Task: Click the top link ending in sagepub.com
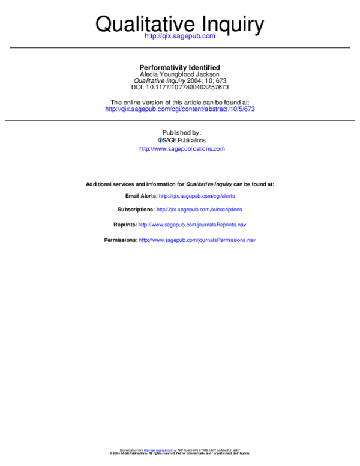[179, 36]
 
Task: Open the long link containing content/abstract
[180, 109]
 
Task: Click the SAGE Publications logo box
[182, 140]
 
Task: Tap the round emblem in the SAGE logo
[160, 140]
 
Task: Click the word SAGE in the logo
[170, 140]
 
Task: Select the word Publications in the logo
[192, 140]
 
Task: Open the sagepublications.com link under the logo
[182, 148]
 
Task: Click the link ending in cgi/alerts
[197, 196]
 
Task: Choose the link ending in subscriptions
[199, 210]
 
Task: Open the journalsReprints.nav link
[192, 225]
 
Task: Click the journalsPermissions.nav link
[197, 240]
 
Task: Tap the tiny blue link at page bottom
[159, 450]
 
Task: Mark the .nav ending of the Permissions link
[251, 240]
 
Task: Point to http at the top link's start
[150, 36]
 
